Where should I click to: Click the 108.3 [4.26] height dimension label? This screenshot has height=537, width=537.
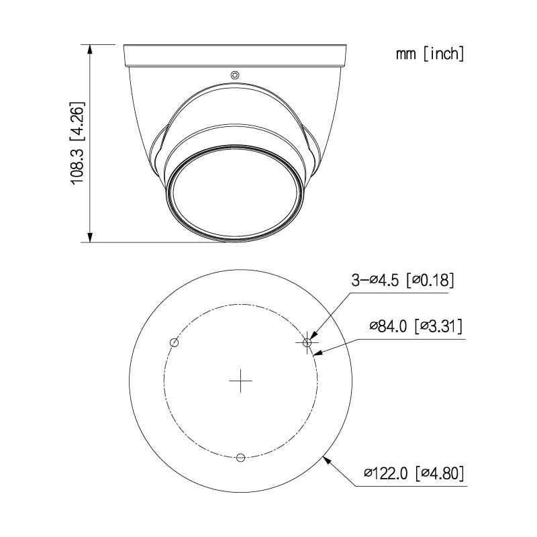[x=77, y=143]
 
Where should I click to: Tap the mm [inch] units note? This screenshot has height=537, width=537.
[x=430, y=54]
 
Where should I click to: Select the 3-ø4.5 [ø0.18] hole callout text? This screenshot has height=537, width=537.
[x=403, y=281]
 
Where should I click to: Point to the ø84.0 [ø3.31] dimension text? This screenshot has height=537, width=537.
[x=416, y=326]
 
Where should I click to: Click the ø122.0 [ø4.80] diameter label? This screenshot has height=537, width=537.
[x=413, y=474]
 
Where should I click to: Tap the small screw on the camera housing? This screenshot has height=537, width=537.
[x=234, y=75]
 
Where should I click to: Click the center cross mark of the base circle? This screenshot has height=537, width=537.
[x=241, y=381]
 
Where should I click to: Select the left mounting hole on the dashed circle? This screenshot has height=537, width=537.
[x=175, y=342]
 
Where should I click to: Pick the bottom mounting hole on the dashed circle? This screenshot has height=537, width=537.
[x=241, y=457]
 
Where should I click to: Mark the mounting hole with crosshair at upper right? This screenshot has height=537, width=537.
[x=307, y=342]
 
